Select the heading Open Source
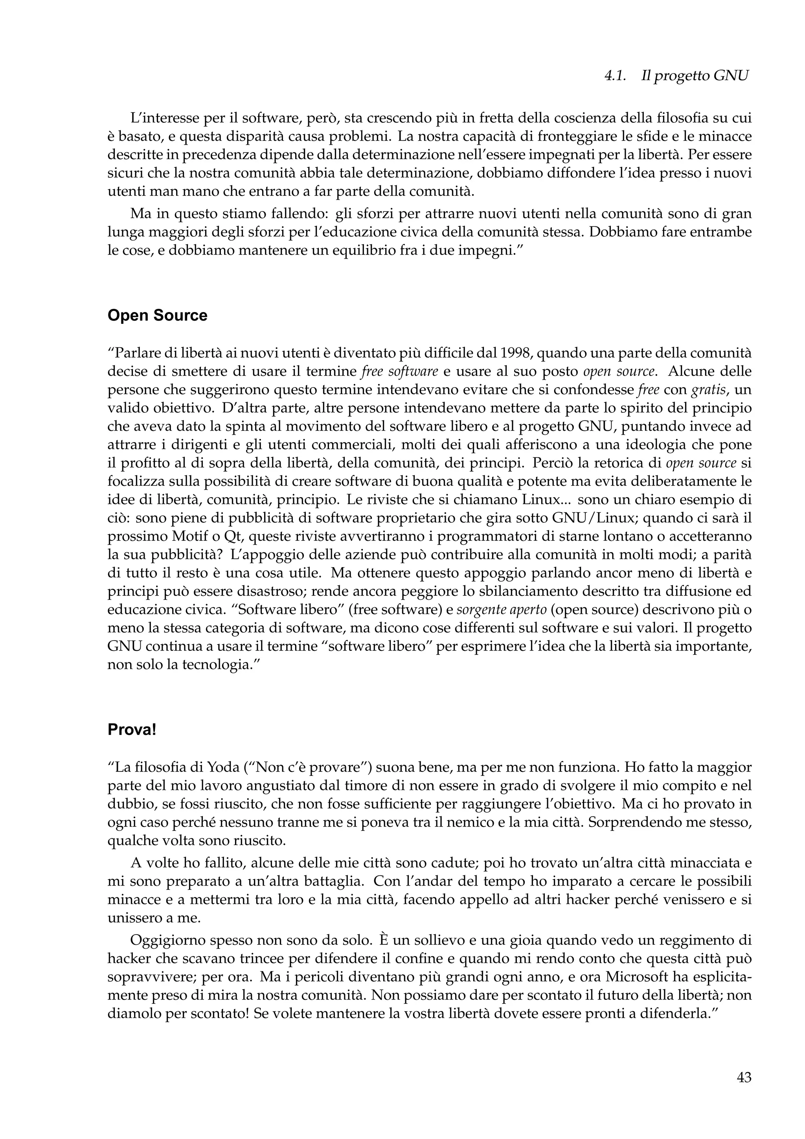click(157, 316)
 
